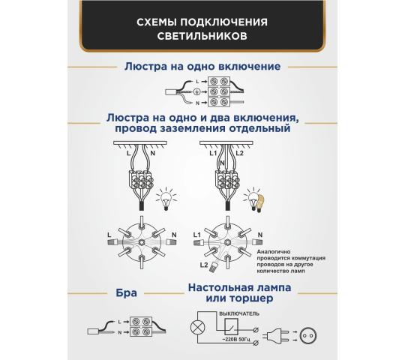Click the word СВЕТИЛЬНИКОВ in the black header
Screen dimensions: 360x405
point(202,35)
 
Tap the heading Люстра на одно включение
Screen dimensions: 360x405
point(202,67)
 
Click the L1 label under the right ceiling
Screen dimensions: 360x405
point(212,154)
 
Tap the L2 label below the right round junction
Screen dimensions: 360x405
point(202,265)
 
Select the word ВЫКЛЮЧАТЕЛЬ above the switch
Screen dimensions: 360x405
point(239,312)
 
